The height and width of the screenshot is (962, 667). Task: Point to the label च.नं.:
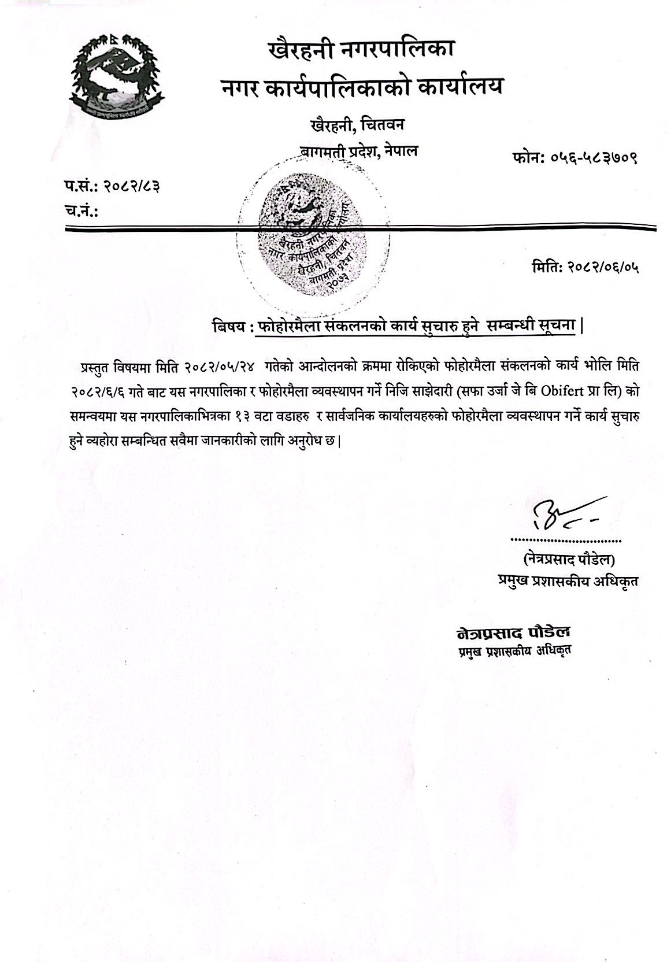[x=80, y=210]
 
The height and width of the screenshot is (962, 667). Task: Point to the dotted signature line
[x=565, y=541]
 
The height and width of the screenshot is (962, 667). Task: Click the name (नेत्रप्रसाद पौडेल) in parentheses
[x=569, y=560]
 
